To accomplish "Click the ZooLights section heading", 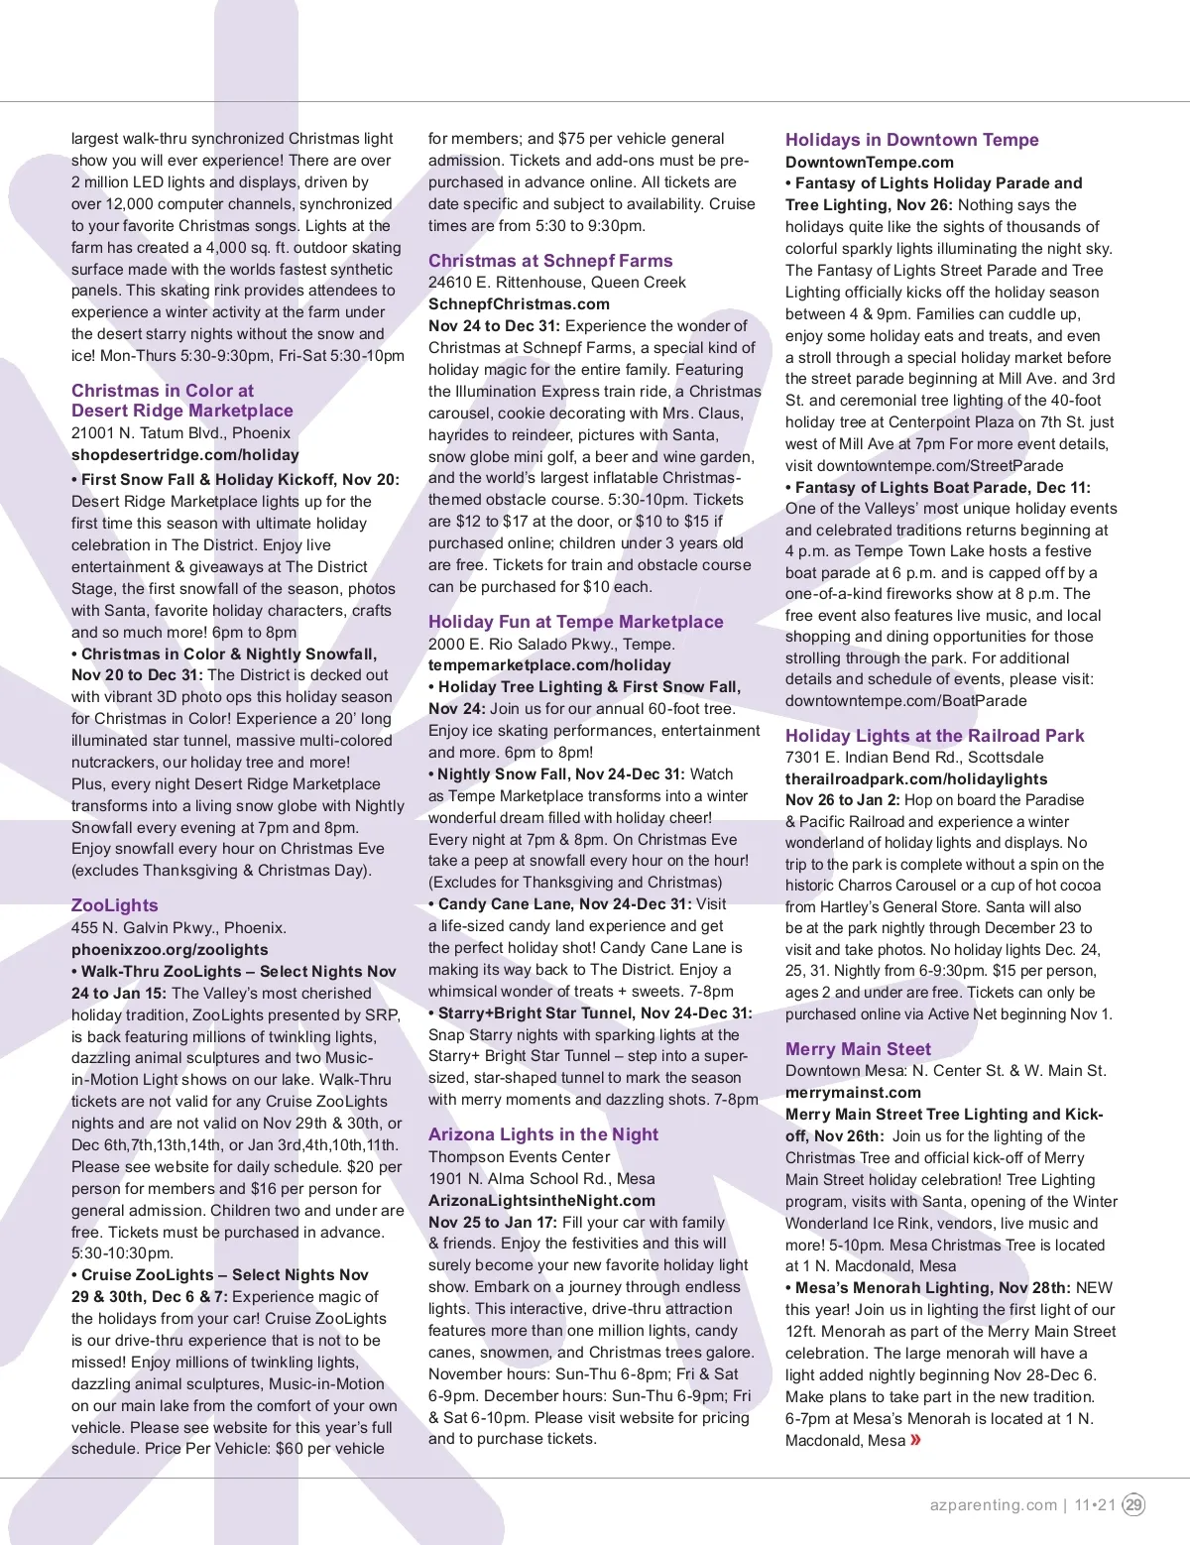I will (x=114, y=905).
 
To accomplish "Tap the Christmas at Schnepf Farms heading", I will (x=550, y=261).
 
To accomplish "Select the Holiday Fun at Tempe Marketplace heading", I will (x=575, y=622).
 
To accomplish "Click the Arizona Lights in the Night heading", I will (x=542, y=1134).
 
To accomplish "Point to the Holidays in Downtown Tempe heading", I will (x=911, y=140).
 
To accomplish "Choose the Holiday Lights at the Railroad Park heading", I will (x=934, y=736).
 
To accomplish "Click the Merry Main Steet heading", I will (x=858, y=1049).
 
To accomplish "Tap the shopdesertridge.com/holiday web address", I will (x=184, y=455).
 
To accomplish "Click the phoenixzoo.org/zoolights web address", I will (x=170, y=950).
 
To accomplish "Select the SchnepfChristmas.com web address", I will (x=519, y=304).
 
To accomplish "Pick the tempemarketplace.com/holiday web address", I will (x=549, y=665).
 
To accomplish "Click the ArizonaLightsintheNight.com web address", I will (x=541, y=1201).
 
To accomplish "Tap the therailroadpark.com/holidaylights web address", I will (x=916, y=779).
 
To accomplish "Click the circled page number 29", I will (x=1133, y=1504).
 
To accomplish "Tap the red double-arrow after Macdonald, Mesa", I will (x=915, y=1440).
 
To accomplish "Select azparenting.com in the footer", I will (x=993, y=1504).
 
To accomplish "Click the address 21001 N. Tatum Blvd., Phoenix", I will (x=180, y=433).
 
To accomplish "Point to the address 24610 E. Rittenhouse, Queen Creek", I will (x=556, y=283).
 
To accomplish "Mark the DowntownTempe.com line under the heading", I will (x=869, y=163).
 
